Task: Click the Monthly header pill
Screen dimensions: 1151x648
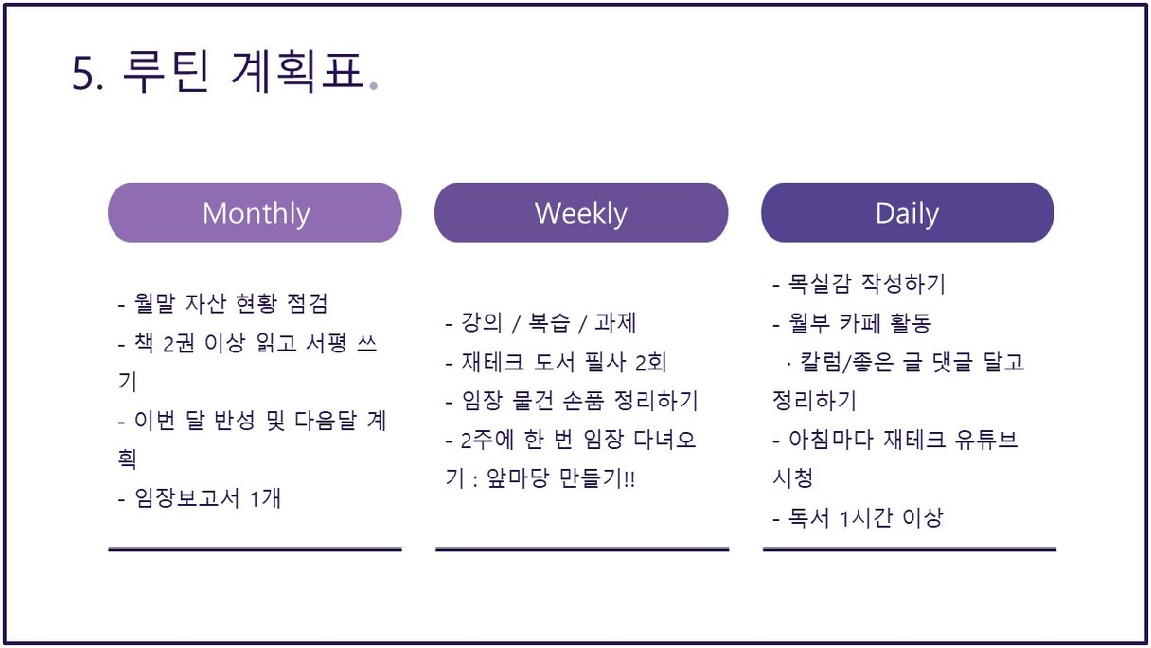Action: click(255, 212)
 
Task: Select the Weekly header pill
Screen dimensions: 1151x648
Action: click(581, 212)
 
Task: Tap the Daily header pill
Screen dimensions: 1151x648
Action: click(908, 212)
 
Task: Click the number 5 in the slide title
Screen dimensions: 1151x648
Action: click(82, 74)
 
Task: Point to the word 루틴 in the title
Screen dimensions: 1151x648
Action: click(167, 72)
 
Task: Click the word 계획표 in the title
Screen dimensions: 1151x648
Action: click(297, 72)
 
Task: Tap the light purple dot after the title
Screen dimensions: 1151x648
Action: click(374, 86)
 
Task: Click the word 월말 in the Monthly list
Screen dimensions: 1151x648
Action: click(154, 303)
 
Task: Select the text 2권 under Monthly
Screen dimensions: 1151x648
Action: click(179, 343)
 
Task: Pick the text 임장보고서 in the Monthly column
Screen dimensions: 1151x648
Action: click(187, 497)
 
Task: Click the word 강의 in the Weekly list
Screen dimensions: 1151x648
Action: click(481, 322)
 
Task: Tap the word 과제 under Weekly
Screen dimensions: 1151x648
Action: click(615, 322)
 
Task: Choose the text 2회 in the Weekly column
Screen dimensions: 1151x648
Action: click(651, 362)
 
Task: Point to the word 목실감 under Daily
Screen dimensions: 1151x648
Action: click(820, 283)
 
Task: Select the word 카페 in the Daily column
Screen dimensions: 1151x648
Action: click(860, 322)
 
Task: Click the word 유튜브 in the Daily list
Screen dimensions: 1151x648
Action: click(986, 440)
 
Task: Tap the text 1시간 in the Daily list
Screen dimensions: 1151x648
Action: click(866, 518)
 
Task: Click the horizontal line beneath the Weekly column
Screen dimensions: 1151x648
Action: click(582, 549)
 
